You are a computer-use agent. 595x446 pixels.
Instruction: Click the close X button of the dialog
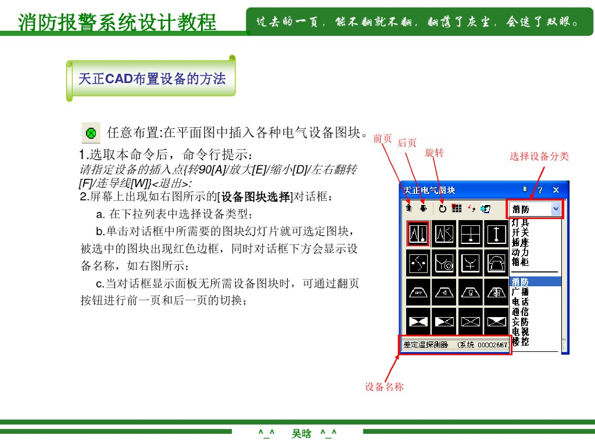(x=555, y=190)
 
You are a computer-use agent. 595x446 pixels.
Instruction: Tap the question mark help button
(x=540, y=190)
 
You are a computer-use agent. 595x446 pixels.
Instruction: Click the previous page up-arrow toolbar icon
(x=408, y=208)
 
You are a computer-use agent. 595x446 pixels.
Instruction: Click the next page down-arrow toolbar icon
(x=424, y=208)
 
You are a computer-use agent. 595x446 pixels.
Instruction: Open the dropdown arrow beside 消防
(x=556, y=209)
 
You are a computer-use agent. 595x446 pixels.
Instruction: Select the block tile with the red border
(x=418, y=233)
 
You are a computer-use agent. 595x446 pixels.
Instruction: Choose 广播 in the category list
(x=520, y=292)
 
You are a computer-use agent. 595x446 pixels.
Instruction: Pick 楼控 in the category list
(x=520, y=341)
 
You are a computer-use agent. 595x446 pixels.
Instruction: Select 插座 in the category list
(x=520, y=242)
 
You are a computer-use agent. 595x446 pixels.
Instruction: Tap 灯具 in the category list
(x=520, y=222)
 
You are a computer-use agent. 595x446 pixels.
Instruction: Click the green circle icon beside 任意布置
(x=91, y=133)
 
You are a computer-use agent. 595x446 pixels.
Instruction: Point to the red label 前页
(x=382, y=138)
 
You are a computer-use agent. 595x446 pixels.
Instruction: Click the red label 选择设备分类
(x=539, y=156)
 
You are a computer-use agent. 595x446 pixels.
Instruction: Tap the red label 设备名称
(x=384, y=386)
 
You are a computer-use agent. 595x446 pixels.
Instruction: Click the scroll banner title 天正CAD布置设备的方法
(x=152, y=78)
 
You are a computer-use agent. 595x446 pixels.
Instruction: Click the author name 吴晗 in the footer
(x=302, y=433)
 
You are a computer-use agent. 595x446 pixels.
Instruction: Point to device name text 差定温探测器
(x=425, y=345)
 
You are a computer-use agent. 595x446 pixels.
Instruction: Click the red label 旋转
(x=435, y=153)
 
